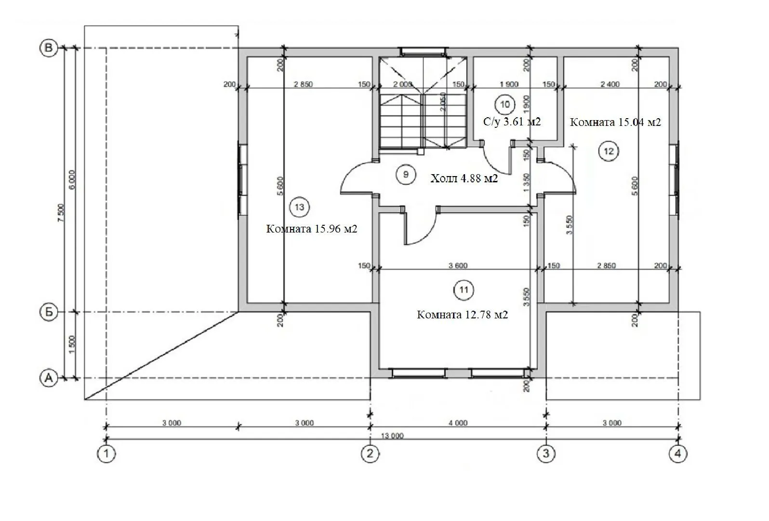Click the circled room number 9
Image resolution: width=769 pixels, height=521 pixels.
point(406,175)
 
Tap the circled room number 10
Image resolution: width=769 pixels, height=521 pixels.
point(505,105)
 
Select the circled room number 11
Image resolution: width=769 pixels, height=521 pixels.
point(464,290)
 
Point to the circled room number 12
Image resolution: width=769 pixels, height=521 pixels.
point(609,151)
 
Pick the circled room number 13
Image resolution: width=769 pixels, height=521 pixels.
point(299,207)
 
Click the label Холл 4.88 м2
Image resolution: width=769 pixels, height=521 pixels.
point(464,178)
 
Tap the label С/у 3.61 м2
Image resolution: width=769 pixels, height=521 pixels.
point(512,122)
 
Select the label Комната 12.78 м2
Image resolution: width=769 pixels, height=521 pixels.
point(463,315)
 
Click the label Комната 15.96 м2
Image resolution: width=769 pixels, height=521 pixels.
point(312,229)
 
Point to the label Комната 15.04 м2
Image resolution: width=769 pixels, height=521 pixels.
point(615,123)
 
